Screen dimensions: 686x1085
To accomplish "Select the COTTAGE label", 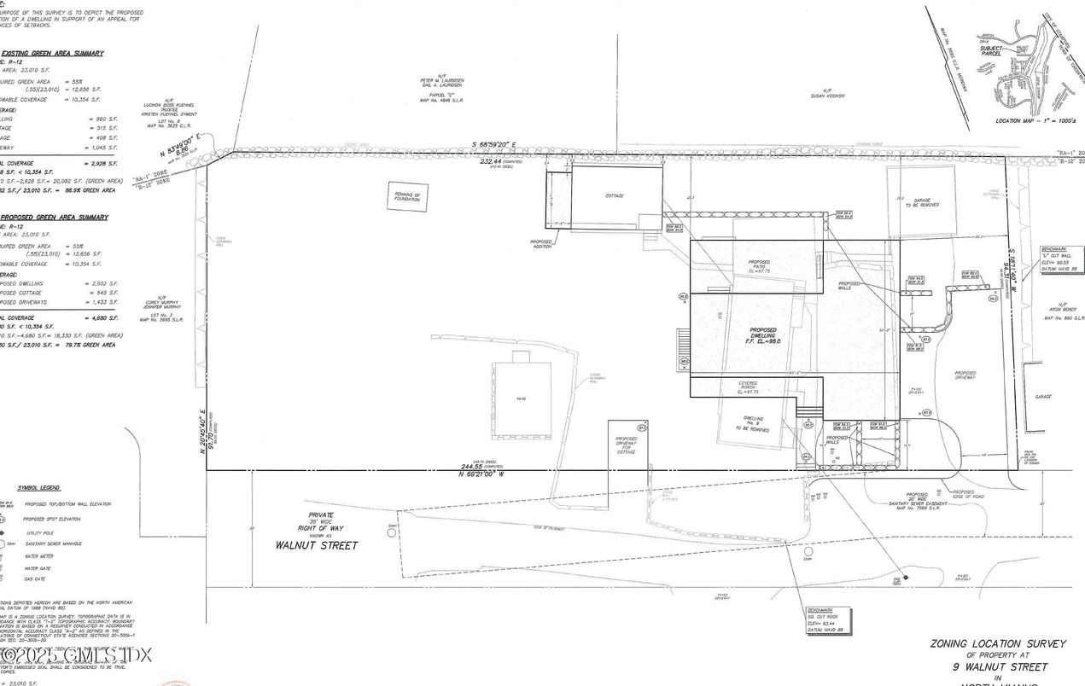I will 615,196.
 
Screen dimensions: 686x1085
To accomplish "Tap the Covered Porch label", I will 748,387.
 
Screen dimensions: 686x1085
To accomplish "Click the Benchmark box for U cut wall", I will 1058,259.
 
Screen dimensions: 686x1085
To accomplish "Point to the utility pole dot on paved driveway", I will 906,578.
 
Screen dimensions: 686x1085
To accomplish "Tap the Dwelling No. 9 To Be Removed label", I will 753,423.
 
